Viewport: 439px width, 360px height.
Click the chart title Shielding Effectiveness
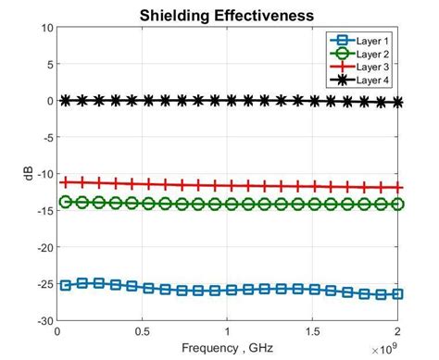tap(227, 16)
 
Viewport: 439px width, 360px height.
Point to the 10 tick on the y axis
tap(46, 28)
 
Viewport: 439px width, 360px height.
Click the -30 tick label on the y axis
tap(44, 321)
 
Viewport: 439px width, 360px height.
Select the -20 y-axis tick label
tap(44, 248)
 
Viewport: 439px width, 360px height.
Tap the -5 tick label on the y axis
tap(46, 138)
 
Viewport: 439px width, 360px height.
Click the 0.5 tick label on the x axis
tap(143, 331)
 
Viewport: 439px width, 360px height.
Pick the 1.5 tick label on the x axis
tap(313, 331)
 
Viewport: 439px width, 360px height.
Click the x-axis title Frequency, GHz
tap(227, 347)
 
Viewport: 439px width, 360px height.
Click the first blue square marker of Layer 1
tap(65, 285)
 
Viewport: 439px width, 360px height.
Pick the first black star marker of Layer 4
tap(65, 100)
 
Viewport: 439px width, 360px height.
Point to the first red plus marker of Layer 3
tap(65, 182)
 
